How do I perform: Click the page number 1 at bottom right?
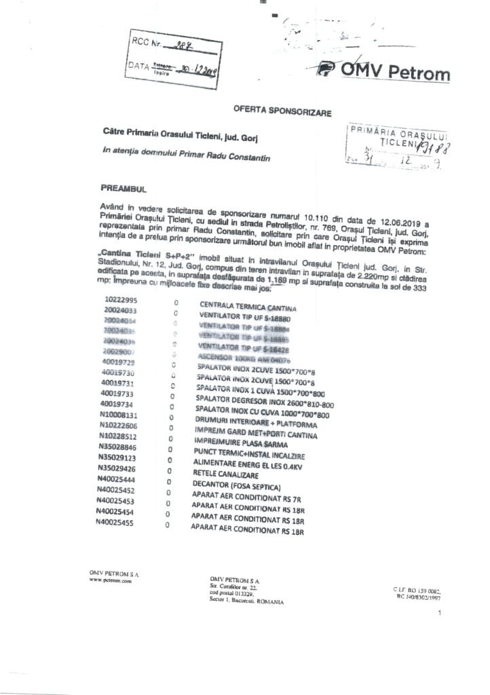tap(440, 613)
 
